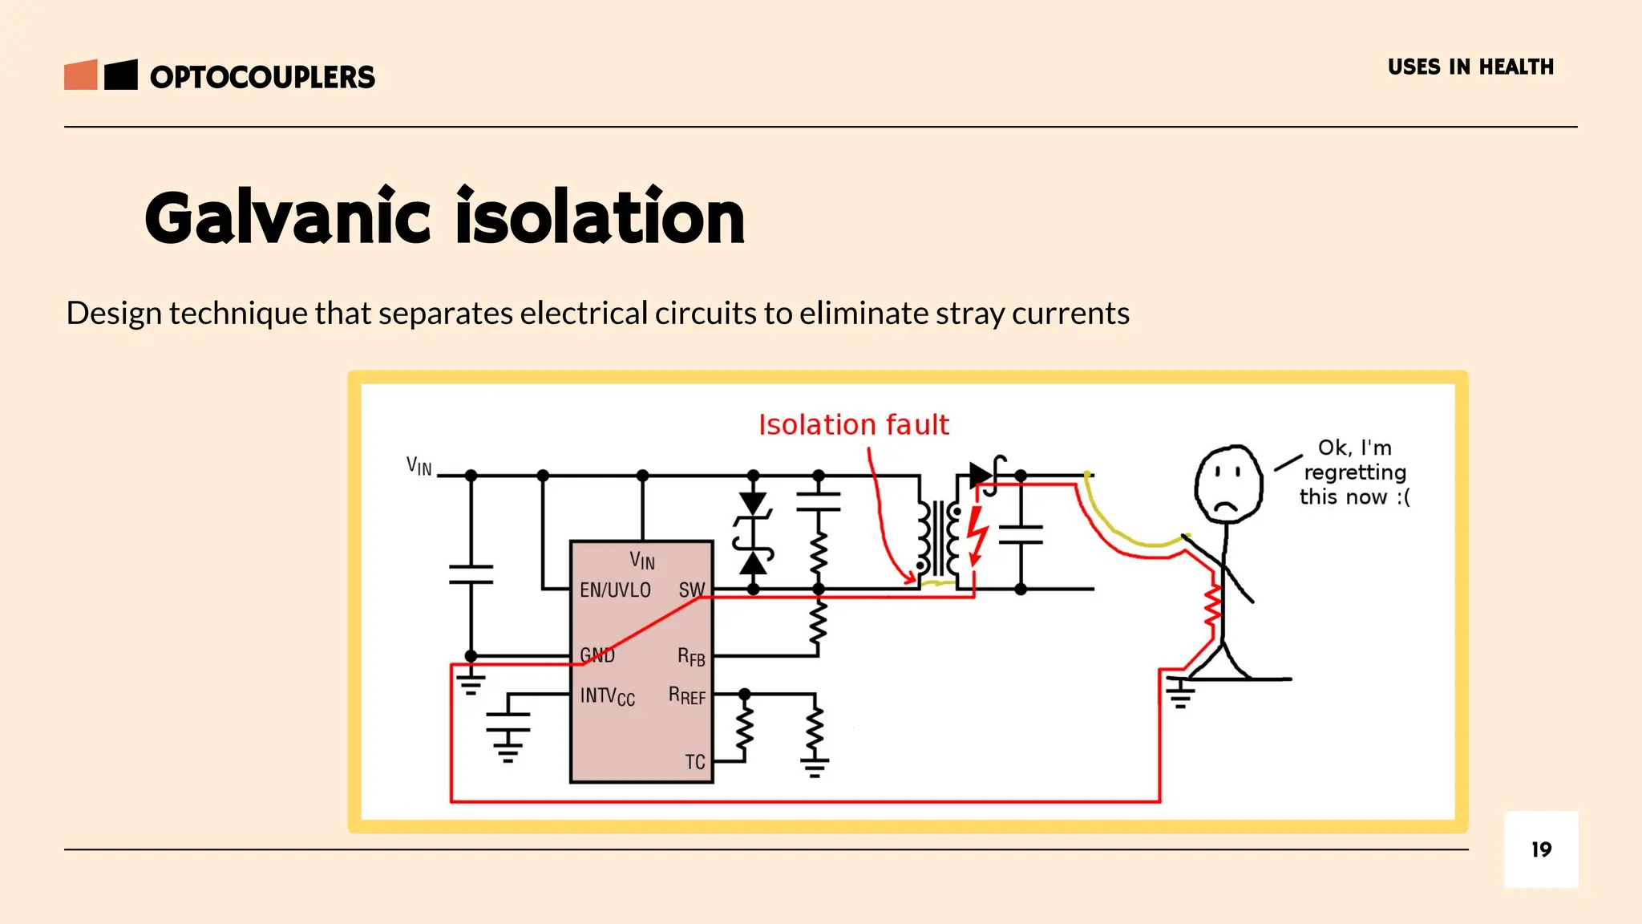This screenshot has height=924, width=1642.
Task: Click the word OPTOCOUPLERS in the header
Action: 262,77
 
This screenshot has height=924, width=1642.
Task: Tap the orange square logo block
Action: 81,75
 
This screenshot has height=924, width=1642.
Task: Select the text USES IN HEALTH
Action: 1470,67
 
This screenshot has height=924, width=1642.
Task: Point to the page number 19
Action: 1541,849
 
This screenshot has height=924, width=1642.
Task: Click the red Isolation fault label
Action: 853,424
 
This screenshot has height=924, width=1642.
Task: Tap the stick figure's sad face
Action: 1227,484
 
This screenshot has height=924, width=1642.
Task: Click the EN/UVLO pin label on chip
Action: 615,590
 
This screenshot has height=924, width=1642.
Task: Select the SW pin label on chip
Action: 691,590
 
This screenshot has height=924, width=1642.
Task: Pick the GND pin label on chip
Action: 597,655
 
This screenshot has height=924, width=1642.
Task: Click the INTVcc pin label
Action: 607,695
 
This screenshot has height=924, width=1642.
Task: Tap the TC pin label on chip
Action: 694,761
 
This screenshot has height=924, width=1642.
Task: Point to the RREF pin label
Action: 686,695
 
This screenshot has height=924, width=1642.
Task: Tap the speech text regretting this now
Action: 1354,472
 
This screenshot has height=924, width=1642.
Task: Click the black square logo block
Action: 121,75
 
